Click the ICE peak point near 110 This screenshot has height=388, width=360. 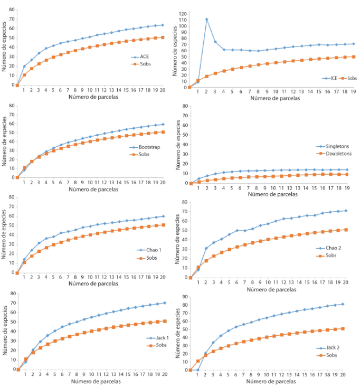click(206, 19)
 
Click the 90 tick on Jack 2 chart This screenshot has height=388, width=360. click(185, 297)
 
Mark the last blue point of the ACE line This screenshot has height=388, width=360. click(162, 25)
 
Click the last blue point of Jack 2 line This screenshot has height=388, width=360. click(343, 304)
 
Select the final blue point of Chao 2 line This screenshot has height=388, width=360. click(345, 211)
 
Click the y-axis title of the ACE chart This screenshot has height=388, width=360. click(5, 48)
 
